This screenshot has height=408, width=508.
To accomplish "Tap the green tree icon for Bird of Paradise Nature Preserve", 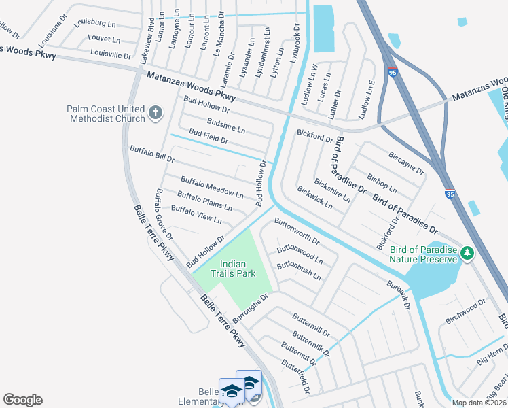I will (467, 254).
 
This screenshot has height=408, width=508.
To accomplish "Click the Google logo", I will (22, 400).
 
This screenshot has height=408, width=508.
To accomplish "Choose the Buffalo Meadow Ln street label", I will (211, 187).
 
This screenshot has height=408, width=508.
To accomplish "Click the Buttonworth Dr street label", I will (297, 231).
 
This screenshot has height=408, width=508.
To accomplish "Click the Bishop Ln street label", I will (382, 178).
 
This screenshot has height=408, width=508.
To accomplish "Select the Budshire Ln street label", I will (225, 124).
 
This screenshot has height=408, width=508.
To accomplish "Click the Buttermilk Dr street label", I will (310, 344).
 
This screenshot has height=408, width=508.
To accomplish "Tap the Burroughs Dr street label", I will (251, 309).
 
